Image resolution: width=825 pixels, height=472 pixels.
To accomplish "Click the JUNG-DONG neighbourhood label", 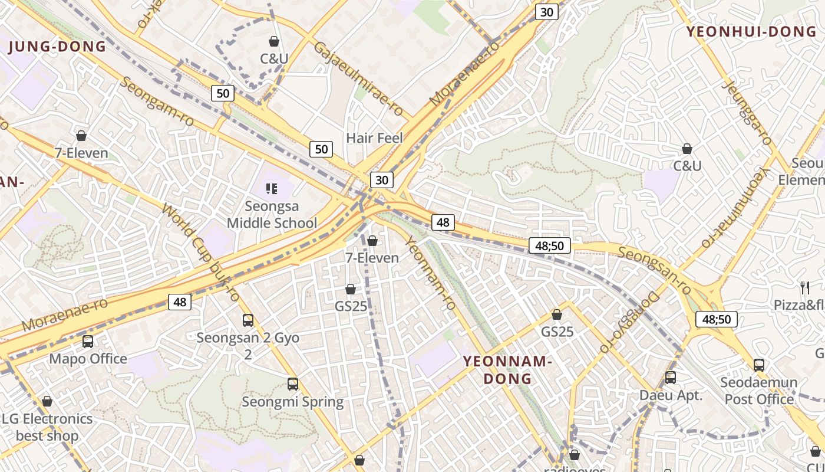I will pos(57,47).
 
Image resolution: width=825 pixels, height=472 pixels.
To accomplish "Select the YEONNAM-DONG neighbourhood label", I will pos(507,370).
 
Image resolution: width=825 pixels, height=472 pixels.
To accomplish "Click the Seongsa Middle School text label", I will pos(272,215).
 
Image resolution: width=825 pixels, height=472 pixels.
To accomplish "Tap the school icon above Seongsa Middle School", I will pos(272,189).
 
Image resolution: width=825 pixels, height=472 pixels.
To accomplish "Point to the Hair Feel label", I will pos(374,138).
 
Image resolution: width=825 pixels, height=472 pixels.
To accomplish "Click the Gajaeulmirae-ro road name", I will pos(358,79).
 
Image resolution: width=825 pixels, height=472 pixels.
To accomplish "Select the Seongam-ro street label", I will pos(157,100).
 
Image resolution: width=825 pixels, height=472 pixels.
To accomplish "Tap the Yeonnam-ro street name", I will pos(430,273).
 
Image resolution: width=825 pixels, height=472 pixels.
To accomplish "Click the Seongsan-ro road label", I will pos(655,270).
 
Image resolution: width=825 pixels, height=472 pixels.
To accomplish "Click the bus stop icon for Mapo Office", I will pos(88,341).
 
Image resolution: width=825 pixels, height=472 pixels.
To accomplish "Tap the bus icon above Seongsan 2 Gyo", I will pos(248,320).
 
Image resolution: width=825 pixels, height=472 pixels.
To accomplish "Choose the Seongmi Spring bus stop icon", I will pos(293,384).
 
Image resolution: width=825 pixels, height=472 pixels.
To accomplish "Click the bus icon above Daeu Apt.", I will pos(671,378).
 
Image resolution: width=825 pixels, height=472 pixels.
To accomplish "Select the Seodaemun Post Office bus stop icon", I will pos(759,365).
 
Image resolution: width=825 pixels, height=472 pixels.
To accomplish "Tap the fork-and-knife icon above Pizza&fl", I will pos(805,287).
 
